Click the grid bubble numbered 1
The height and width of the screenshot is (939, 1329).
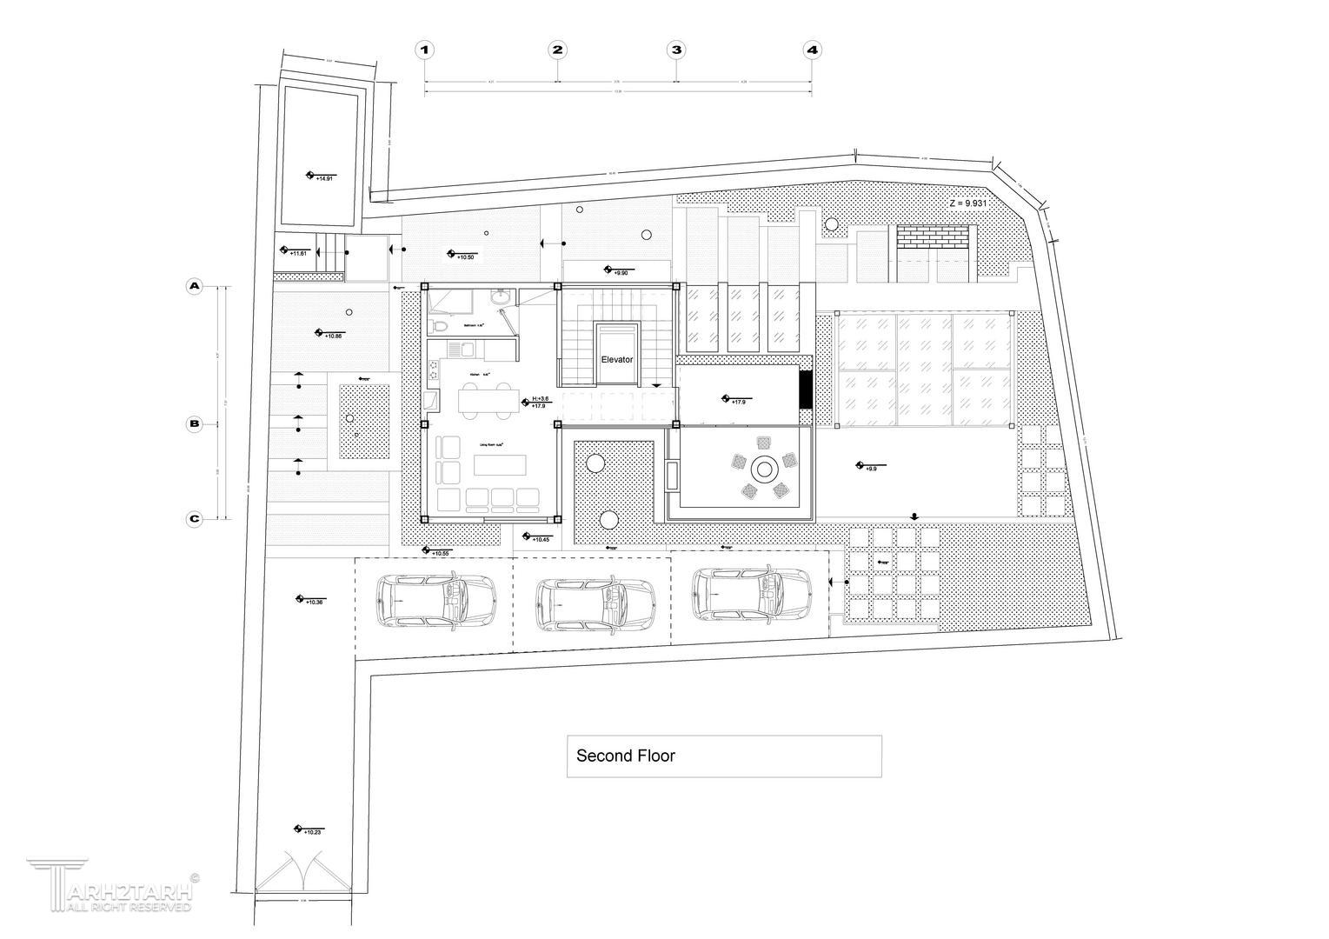pos(424,50)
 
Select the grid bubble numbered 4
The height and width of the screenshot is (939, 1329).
pos(812,50)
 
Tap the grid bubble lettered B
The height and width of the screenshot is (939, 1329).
pos(195,424)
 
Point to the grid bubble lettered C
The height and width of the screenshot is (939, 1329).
pos(195,519)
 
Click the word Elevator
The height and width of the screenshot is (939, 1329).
pos(617,359)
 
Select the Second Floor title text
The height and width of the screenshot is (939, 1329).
pos(626,756)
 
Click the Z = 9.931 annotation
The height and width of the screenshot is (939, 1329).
pos(973,203)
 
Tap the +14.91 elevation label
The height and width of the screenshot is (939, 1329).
pos(323,178)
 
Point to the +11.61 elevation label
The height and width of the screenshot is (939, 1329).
pos(298,253)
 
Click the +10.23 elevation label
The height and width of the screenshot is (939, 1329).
pos(311,832)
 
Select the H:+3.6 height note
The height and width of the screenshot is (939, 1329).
pos(540,399)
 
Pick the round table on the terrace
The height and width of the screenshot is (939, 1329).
pos(764,469)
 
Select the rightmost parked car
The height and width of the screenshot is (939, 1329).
pos(754,594)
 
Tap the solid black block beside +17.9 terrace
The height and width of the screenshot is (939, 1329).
pos(805,390)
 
